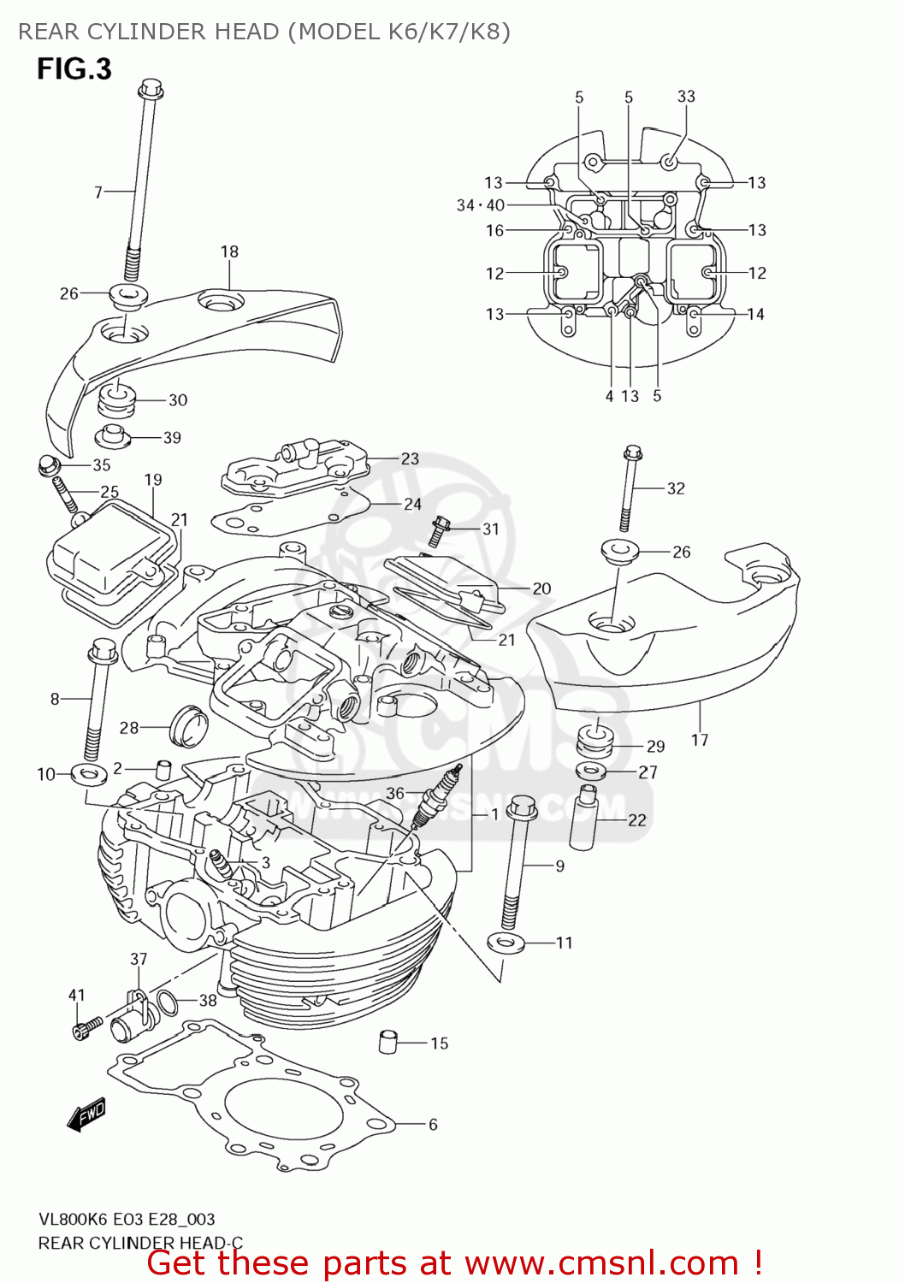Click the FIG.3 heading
click(74, 68)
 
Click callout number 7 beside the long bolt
click(98, 192)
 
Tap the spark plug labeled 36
click(439, 795)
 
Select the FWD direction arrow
click(86, 1114)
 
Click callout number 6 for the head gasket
click(433, 1124)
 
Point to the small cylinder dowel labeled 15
click(388, 1042)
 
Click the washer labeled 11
click(505, 943)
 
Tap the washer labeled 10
click(88, 775)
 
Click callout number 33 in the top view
click(686, 97)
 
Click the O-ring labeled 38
click(169, 1002)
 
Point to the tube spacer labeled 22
click(586, 816)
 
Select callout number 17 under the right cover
click(700, 740)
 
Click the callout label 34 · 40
click(480, 205)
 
